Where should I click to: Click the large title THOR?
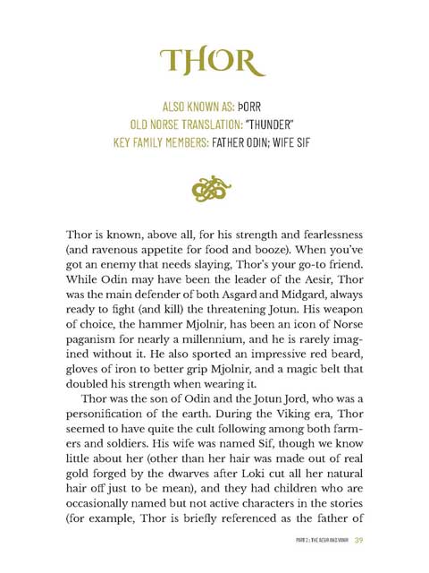coord(213,62)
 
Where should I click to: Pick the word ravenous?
coord(117,255)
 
